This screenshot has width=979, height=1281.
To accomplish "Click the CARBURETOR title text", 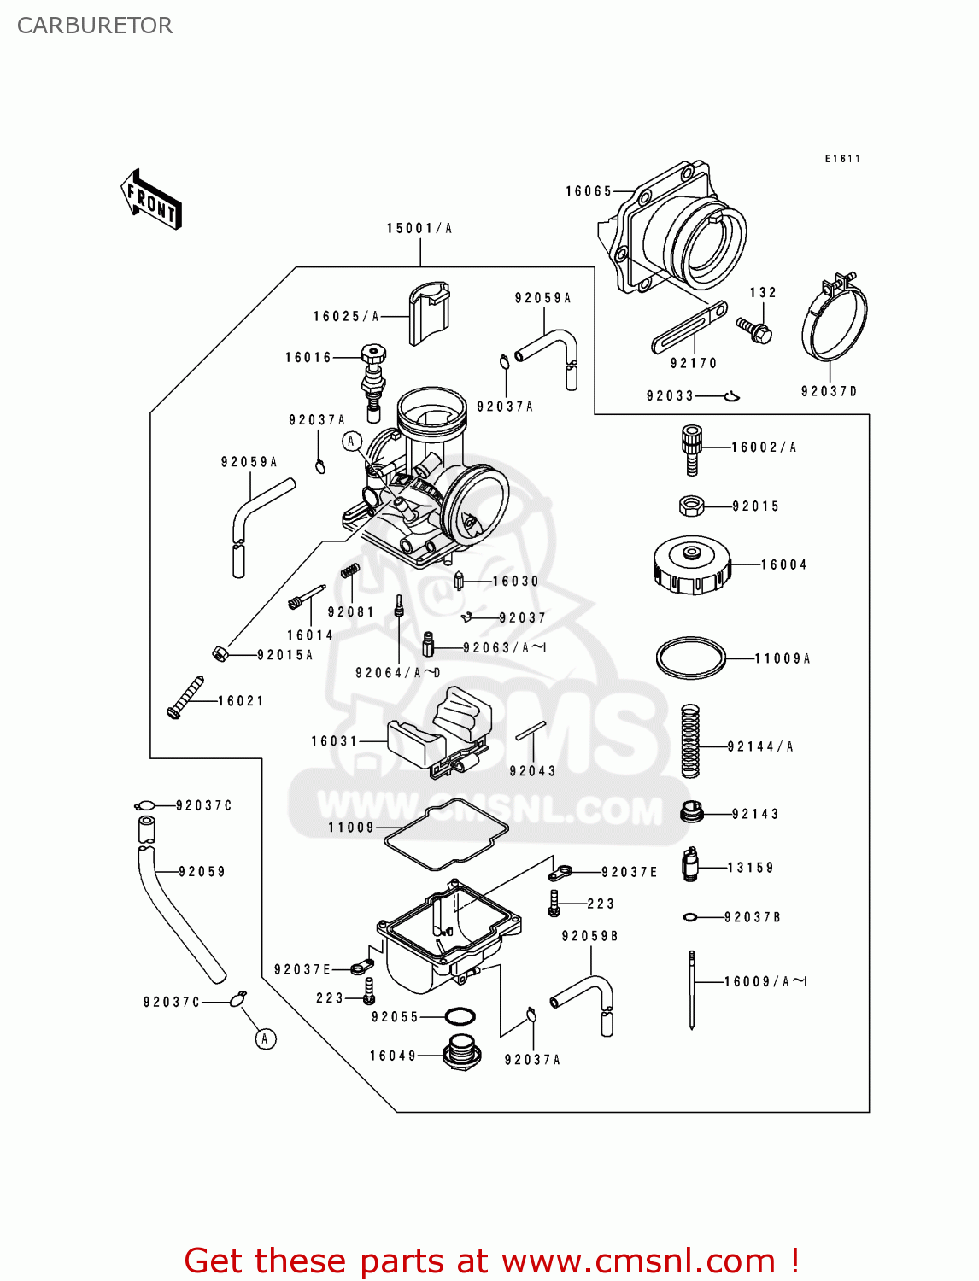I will tap(95, 26).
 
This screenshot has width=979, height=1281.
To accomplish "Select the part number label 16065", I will tap(589, 191).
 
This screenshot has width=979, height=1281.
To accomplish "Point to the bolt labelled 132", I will tap(754, 330).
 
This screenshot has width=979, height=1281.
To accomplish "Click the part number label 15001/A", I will tap(419, 228).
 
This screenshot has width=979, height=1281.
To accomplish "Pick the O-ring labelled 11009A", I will tap(690, 658).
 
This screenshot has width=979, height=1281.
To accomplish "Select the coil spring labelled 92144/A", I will tap(690, 740).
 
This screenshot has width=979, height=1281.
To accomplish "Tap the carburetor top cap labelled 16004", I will tap(692, 564).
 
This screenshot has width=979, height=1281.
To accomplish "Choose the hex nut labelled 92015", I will tap(691, 506).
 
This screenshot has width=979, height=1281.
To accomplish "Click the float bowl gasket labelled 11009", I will tap(446, 834).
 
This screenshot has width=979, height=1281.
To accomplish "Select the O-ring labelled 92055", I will tap(460, 1017).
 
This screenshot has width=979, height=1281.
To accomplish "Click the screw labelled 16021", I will tap(185, 697).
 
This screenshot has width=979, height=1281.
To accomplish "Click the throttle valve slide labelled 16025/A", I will tap(429, 314).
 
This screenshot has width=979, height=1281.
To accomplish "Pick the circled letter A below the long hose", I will tap(266, 1039).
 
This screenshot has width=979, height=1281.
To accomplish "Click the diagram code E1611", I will tap(842, 159).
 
